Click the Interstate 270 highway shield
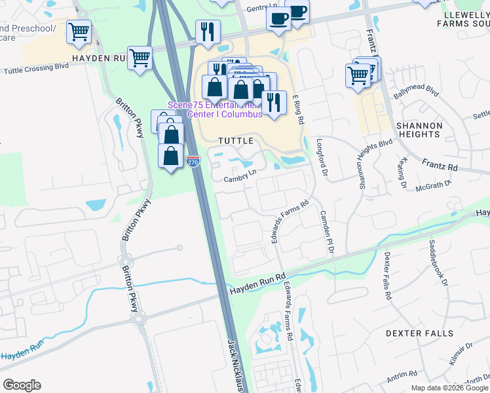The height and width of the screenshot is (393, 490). pos(193,161)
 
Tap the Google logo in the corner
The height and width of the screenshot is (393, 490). pos(22,384)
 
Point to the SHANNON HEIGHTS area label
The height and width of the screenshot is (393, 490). pos(419,130)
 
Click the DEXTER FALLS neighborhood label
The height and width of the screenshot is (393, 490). pos(419,333)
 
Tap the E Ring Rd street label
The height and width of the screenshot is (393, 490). pos(299,109)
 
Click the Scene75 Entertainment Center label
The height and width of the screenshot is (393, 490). pos(225,109)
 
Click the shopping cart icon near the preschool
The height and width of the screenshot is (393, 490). pos(79,31)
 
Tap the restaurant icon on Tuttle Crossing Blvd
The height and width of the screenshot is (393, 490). pos(208,31)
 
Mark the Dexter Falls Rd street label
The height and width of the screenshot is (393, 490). pos(388,276)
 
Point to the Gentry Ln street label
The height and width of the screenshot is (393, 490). pos(259,8)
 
